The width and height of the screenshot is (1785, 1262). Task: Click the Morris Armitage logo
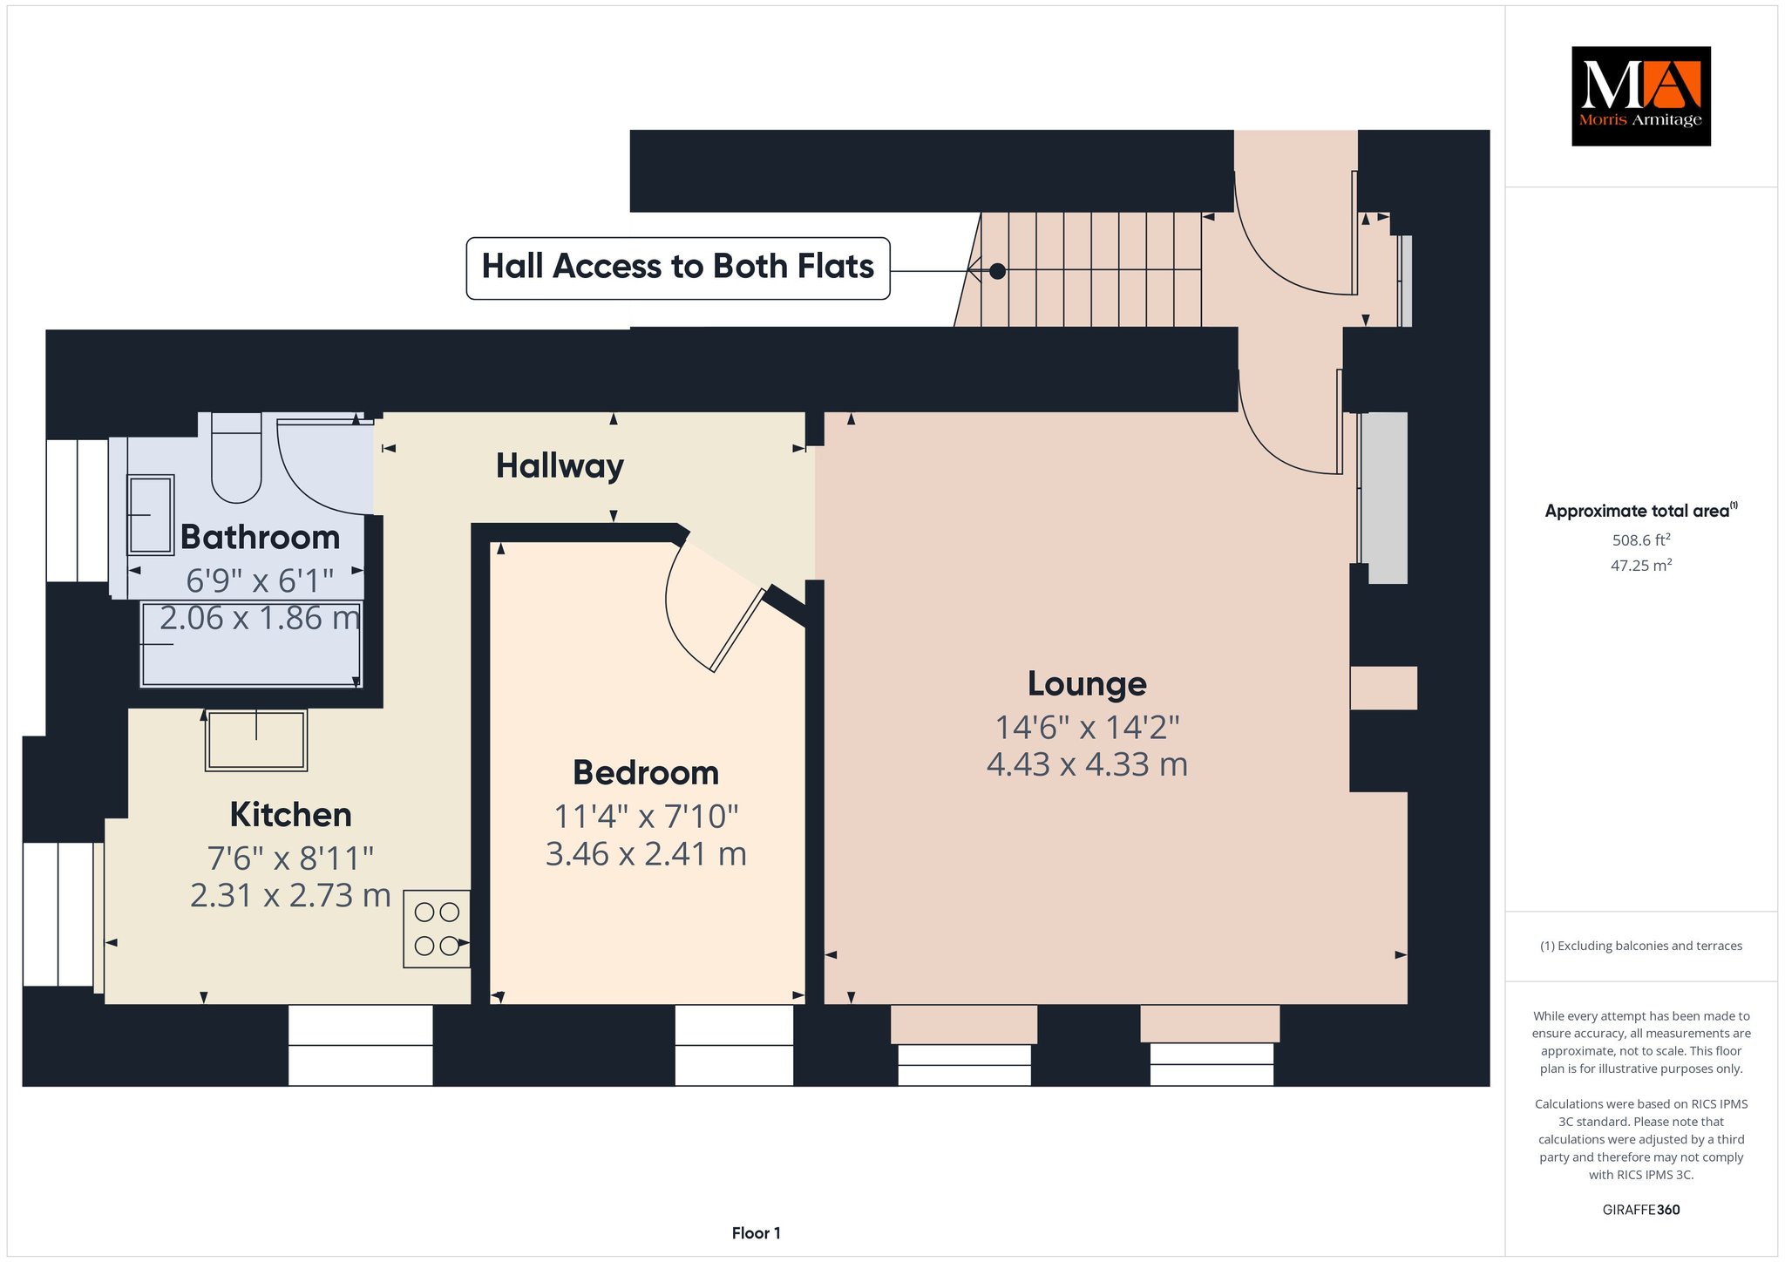coord(1640,96)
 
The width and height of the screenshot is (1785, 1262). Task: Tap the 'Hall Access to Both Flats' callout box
coord(678,268)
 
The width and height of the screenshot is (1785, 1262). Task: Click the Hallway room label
coord(560,466)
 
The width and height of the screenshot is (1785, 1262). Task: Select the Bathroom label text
coord(260,538)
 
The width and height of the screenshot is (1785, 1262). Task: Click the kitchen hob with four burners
coord(437,928)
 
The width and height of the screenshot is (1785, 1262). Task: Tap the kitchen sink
coord(256,740)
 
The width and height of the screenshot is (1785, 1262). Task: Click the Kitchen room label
coord(291,815)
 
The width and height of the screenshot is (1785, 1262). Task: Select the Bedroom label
coord(646,773)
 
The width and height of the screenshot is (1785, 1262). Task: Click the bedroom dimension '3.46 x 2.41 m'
coord(646,854)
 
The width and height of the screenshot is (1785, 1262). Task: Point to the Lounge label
coord(1087,684)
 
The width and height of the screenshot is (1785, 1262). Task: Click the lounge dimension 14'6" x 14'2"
coord(1087,727)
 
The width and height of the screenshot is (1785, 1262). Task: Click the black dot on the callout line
coord(998,271)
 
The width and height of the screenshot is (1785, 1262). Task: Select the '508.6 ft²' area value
coord(1641,540)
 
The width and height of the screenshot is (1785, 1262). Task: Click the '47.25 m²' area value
coord(1641,566)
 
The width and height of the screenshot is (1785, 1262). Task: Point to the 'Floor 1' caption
coord(757,1233)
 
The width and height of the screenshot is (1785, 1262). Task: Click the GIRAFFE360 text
coord(1641,1210)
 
